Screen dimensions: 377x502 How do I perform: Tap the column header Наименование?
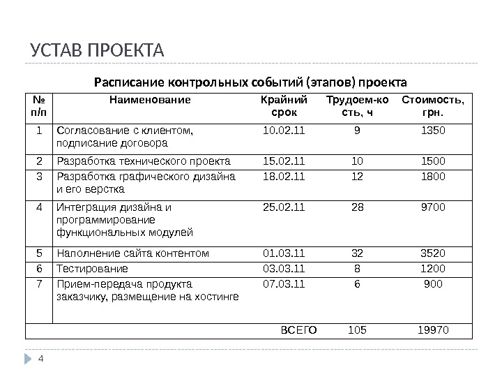click(149, 100)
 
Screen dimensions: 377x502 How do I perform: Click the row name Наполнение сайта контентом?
click(132, 253)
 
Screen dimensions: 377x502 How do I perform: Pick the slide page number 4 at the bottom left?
click(40, 359)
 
